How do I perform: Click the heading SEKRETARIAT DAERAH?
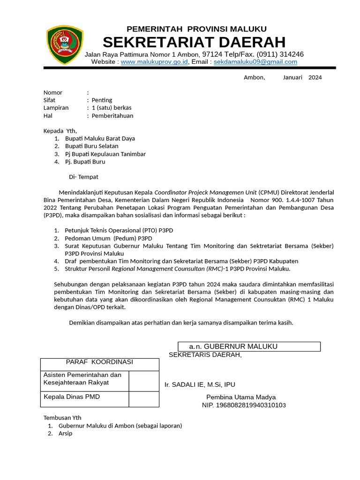(194, 42)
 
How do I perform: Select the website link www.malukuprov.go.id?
(154, 62)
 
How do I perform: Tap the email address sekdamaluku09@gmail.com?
(255, 62)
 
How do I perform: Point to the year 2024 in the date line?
(315, 77)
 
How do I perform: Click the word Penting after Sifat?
(102, 100)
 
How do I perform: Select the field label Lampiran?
(56, 108)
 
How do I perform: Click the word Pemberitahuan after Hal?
(112, 115)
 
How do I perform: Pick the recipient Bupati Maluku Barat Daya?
(100, 139)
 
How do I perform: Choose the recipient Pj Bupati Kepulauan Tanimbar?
(105, 154)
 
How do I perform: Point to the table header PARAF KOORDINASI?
(99, 362)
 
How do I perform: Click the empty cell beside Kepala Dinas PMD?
(144, 399)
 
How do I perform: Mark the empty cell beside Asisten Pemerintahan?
(144, 381)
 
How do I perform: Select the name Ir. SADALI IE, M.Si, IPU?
(200, 384)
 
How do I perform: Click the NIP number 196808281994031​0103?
(244, 405)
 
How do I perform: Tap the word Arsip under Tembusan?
(65, 434)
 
